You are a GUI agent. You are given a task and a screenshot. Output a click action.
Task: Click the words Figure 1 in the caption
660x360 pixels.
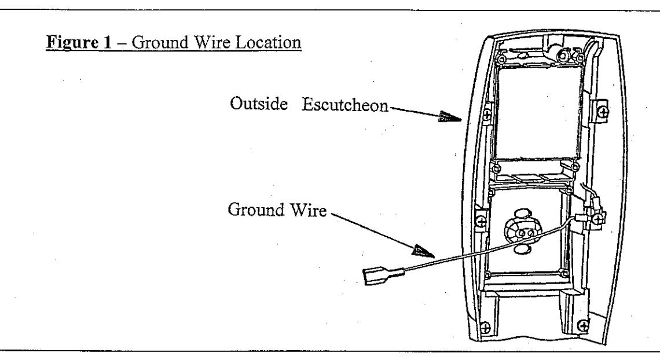click(79, 42)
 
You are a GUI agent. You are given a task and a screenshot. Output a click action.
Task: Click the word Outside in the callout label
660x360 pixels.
click(259, 104)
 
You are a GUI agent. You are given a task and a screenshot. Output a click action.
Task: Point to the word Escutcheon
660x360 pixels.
click(344, 105)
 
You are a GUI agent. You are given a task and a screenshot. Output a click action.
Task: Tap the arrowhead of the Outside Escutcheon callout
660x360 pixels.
click(449, 117)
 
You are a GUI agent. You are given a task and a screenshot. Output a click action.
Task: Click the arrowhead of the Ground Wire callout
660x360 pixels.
click(423, 251)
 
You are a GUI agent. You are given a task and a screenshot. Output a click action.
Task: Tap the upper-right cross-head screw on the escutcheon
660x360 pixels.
click(603, 112)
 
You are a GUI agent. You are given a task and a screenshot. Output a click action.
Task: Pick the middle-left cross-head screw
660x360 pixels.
click(481, 220)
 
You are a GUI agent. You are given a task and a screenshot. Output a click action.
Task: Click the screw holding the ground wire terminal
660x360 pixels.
click(597, 218)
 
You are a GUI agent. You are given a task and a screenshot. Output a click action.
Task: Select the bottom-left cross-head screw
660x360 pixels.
click(485, 327)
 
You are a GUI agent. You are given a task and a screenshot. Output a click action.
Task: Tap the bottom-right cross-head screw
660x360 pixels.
click(582, 325)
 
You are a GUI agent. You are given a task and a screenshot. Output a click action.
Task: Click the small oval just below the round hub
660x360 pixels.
click(522, 249)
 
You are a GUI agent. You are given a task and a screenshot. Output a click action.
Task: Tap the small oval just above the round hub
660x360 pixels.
click(523, 212)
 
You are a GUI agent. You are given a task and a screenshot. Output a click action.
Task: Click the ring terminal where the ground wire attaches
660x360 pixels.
click(581, 218)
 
